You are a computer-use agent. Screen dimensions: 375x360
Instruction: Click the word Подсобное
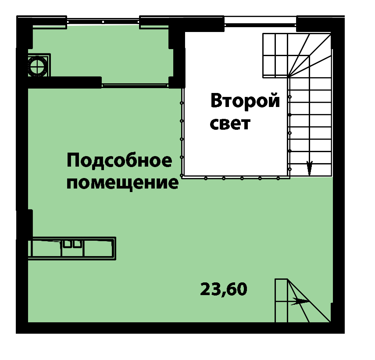(x=119, y=160)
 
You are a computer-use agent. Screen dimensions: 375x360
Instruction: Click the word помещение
(x=122, y=184)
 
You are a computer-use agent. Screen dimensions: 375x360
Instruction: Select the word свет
(x=230, y=124)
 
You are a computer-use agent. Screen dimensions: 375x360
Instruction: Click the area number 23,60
(x=224, y=289)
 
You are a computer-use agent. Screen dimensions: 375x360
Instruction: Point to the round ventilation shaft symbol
(x=38, y=65)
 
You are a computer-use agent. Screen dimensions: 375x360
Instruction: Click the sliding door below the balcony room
(x=136, y=85)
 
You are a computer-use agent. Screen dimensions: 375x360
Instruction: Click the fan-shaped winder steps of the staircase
(x=310, y=55)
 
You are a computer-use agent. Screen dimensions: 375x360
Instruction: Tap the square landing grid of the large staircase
(x=275, y=55)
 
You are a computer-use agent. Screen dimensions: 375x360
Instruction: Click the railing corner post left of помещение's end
(x=182, y=176)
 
